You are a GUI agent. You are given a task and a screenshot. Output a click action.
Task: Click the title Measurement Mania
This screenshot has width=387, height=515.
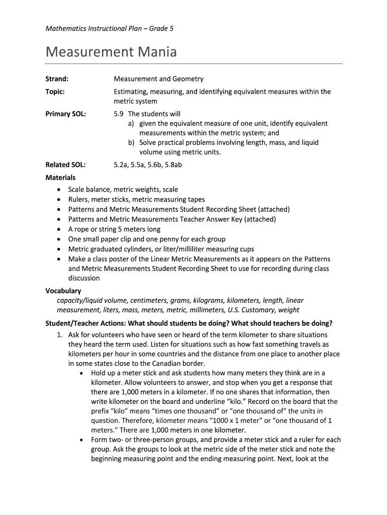[x=111, y=52]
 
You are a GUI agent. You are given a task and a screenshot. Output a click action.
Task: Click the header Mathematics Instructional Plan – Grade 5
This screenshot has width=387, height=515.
[x=110, y=29]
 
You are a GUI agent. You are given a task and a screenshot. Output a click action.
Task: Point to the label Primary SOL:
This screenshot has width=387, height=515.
[x=66, y=114]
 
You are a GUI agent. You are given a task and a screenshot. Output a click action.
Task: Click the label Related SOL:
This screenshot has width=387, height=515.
[x=65, y=164]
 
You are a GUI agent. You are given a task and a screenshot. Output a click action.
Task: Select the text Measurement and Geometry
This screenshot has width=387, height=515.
[x=158, y=79]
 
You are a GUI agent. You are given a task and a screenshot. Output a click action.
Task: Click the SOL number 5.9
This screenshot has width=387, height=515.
[x=119, y=114]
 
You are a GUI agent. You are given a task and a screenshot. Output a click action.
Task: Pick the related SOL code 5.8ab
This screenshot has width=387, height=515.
[x=171, y=164]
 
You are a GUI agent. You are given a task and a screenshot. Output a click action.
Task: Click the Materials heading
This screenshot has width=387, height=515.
[x=60, y=178]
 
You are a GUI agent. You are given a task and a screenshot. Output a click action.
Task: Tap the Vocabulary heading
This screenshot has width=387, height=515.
[x=63, y=291]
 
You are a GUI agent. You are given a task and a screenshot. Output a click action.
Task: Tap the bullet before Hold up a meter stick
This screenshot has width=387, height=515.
[x=82, y=373]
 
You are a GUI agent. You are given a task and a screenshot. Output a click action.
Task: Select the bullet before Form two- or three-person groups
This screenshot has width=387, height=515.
[x=82, y=440]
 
